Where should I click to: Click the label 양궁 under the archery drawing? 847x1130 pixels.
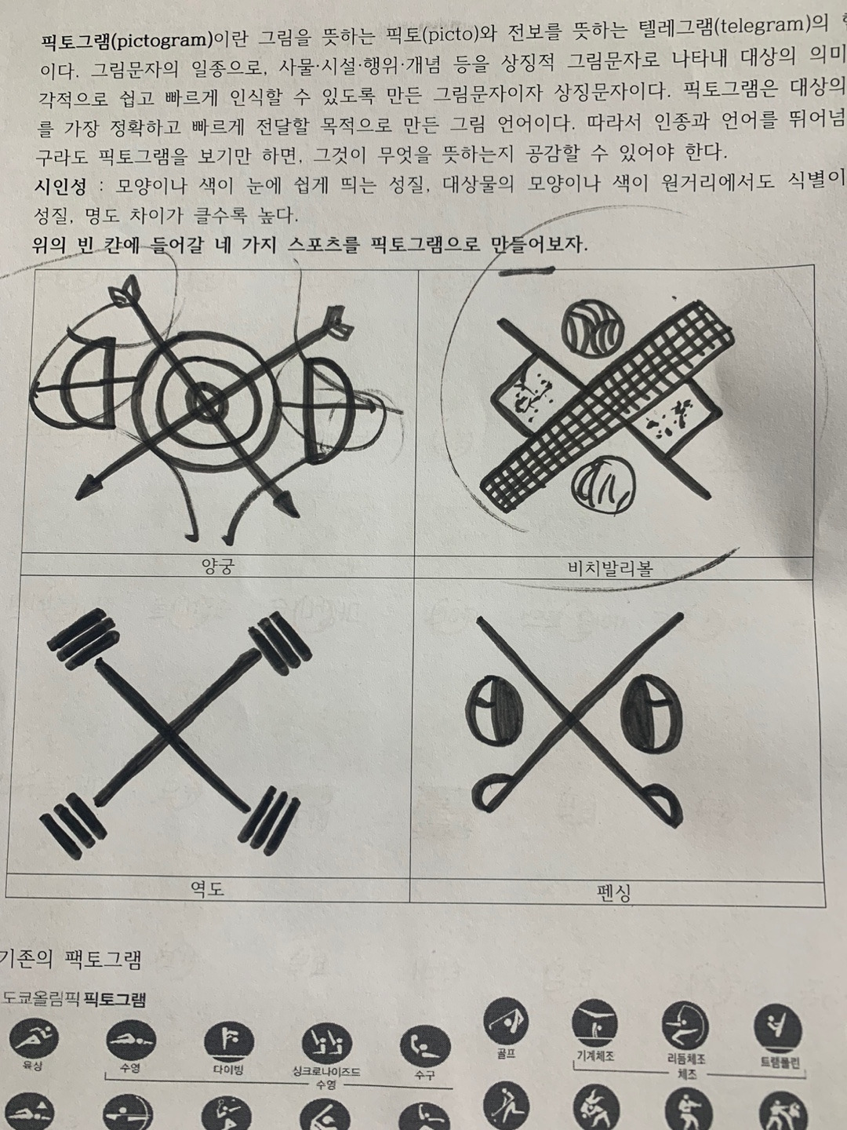tap(216, 566)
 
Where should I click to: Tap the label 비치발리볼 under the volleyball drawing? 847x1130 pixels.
tap(610, 568)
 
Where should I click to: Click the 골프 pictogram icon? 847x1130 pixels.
tap(507, 1021)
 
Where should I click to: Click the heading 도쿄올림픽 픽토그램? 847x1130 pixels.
tap(74, 999)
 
